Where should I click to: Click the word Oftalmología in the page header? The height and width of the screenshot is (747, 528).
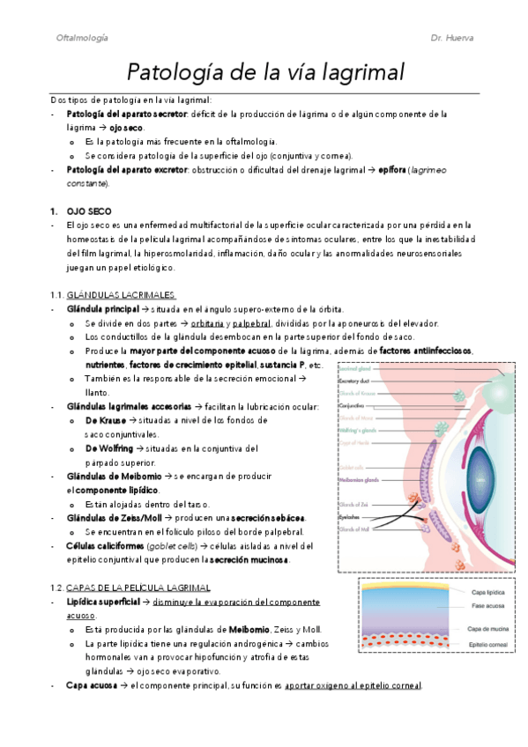82,38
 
